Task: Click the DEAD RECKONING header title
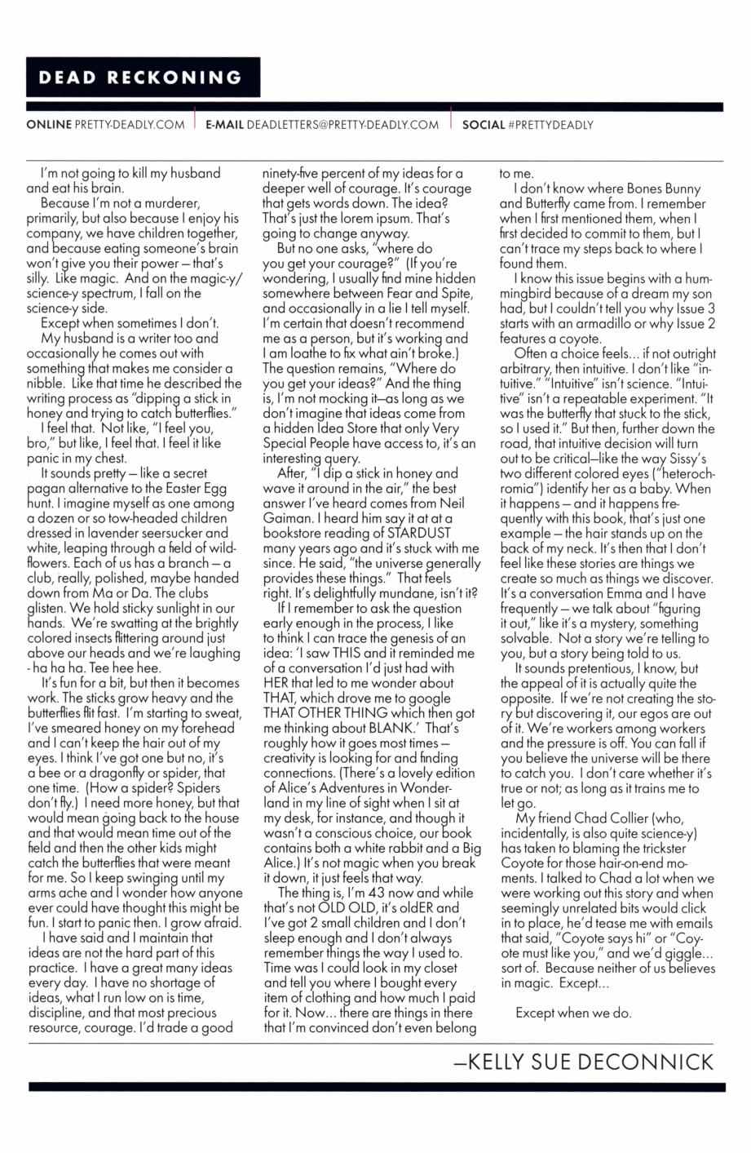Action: [x=141, y=78]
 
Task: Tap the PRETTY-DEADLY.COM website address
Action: [x=129, y=125]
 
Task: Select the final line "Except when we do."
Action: [x=573, y=1013]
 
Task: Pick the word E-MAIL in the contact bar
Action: [x=224, y=125]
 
